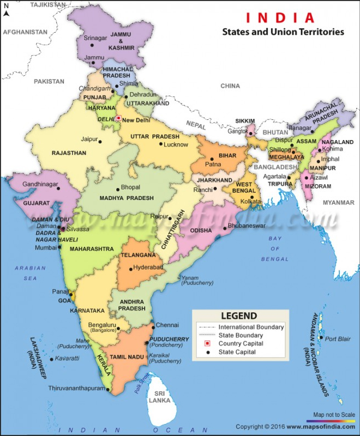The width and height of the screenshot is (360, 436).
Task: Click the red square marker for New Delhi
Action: [x=118, y=117]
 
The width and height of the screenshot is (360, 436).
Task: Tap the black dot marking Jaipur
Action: [x=100, y=142]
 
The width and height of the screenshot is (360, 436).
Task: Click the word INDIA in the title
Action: [x=280, y=17]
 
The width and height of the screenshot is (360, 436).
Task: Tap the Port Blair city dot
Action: [x=321, y=339]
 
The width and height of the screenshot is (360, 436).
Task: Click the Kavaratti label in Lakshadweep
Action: [x=68, y=358]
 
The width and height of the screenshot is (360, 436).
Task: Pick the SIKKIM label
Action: [x=244, y=120]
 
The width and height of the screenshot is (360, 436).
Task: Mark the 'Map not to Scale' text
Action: [x=334, y=415]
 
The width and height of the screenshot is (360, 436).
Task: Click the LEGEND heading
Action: [x=239, y=316]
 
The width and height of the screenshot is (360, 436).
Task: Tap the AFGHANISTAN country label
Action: [x=25, y=32]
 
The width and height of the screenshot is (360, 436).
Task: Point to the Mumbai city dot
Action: [x=59, y=247]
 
